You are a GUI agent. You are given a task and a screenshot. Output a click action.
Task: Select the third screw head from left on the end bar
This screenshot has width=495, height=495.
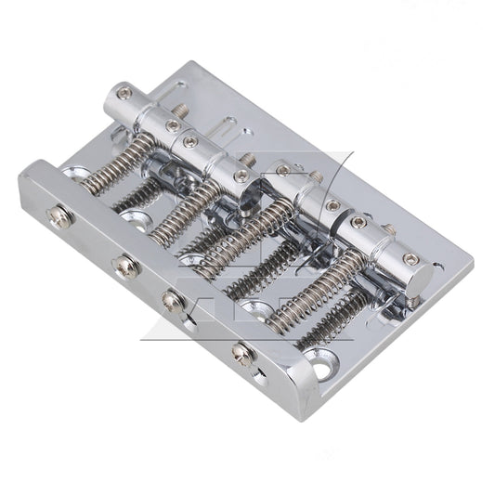[x=173, y=300]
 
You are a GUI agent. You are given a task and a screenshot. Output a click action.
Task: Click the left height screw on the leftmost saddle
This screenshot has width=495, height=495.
[x=124, y=94]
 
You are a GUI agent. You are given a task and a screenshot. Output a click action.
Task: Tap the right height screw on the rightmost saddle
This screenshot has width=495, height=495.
[x=410, y=259]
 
